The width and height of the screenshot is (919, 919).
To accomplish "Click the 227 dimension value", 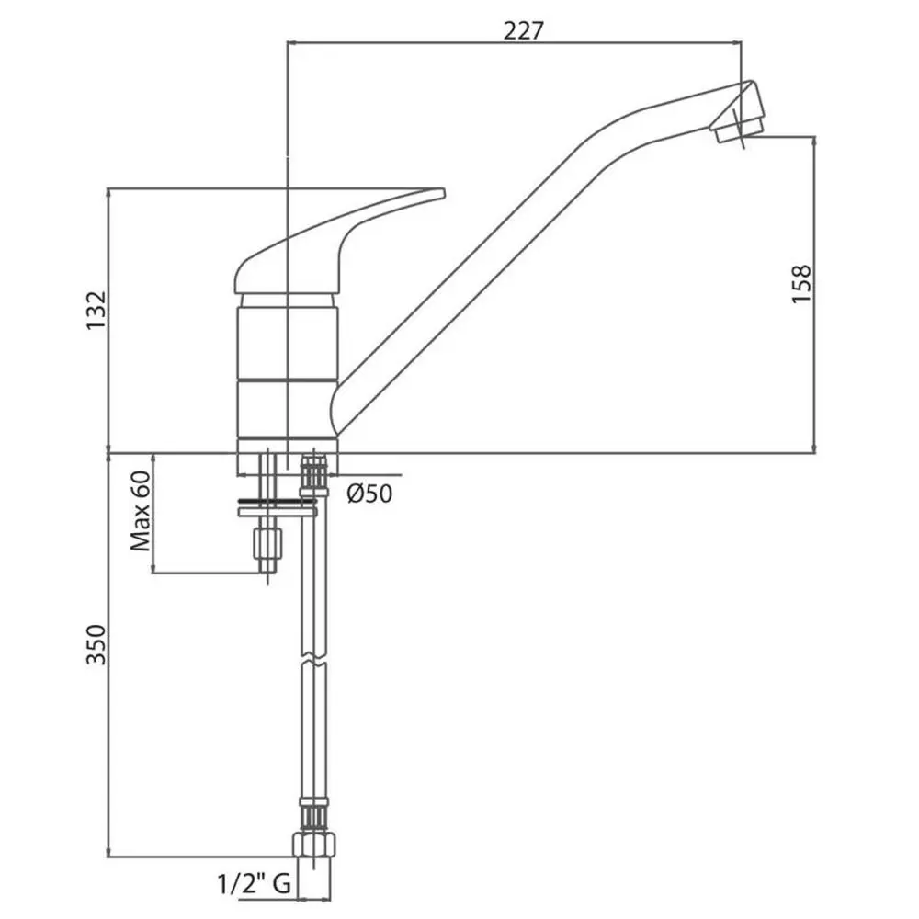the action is [x=524, y=30].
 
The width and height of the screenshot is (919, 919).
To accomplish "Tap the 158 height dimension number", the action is [x=801, y=284].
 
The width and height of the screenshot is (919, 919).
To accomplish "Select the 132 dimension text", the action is [x=96, y=311].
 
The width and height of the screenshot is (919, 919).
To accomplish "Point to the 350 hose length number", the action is [x=96, y=645].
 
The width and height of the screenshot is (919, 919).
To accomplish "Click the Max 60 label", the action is [x=141, y=511].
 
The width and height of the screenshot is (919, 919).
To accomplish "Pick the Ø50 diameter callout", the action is [x=369, y=494].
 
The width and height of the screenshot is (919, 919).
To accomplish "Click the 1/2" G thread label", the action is [x=255, y=883].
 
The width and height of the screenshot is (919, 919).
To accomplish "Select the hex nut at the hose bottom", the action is [x=314, y=844].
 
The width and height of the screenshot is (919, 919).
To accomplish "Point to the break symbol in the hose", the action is [x=314, y=659].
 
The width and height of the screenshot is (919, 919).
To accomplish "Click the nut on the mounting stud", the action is [x=267, y=543].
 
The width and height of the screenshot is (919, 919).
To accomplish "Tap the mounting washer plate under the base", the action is [x=278, y=512].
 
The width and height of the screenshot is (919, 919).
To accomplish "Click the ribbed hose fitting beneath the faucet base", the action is [x=314, y=473].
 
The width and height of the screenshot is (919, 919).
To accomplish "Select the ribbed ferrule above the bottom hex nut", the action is [x=314, y=813].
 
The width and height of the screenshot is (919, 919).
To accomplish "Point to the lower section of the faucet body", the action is [x=287, y=409].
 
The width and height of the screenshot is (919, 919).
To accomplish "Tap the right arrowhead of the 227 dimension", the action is [x=736, y=42].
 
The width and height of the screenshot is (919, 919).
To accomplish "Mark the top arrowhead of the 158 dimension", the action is [x=814, y=142].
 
